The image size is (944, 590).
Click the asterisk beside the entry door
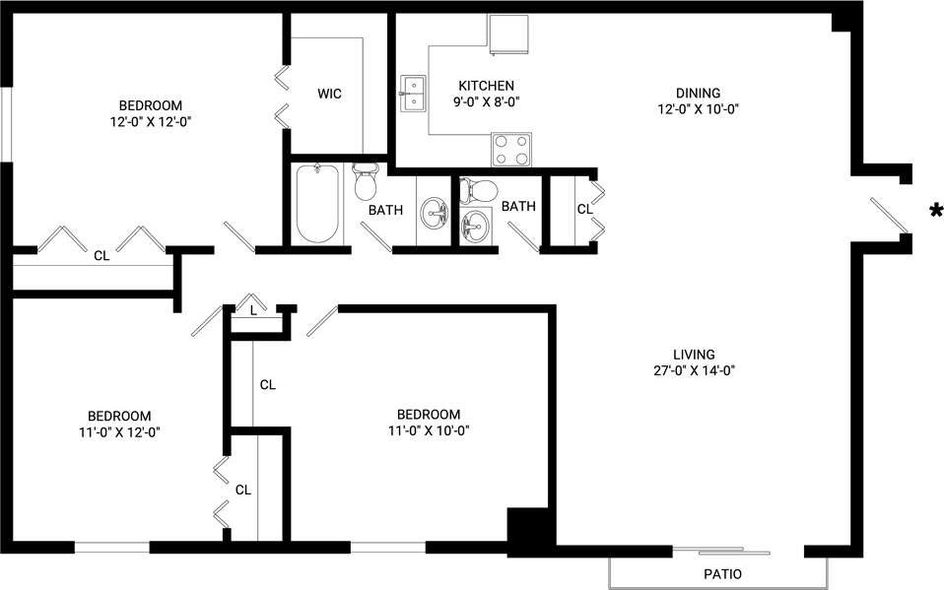[933, 210]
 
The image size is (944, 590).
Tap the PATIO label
[722, 574]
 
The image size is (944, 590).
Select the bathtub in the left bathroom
[316, 203]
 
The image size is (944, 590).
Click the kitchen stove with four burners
[510, 149]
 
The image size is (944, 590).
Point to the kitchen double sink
[413, 94]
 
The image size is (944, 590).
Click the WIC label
[329, 94]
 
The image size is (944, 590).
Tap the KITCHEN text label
[486, 86]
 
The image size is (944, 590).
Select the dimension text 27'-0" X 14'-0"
[693, 371]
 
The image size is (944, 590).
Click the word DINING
[698, 94]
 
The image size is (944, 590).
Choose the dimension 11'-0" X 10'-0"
[428, 429]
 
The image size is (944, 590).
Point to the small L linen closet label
[253, 311]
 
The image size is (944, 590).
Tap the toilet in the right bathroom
[479, 188]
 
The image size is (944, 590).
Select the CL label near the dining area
[583, 209]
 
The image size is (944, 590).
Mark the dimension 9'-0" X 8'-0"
[486, 101]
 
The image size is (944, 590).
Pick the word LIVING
[694, 355]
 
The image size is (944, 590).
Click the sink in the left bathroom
[435, 212]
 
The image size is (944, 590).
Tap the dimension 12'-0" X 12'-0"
[151, 122]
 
